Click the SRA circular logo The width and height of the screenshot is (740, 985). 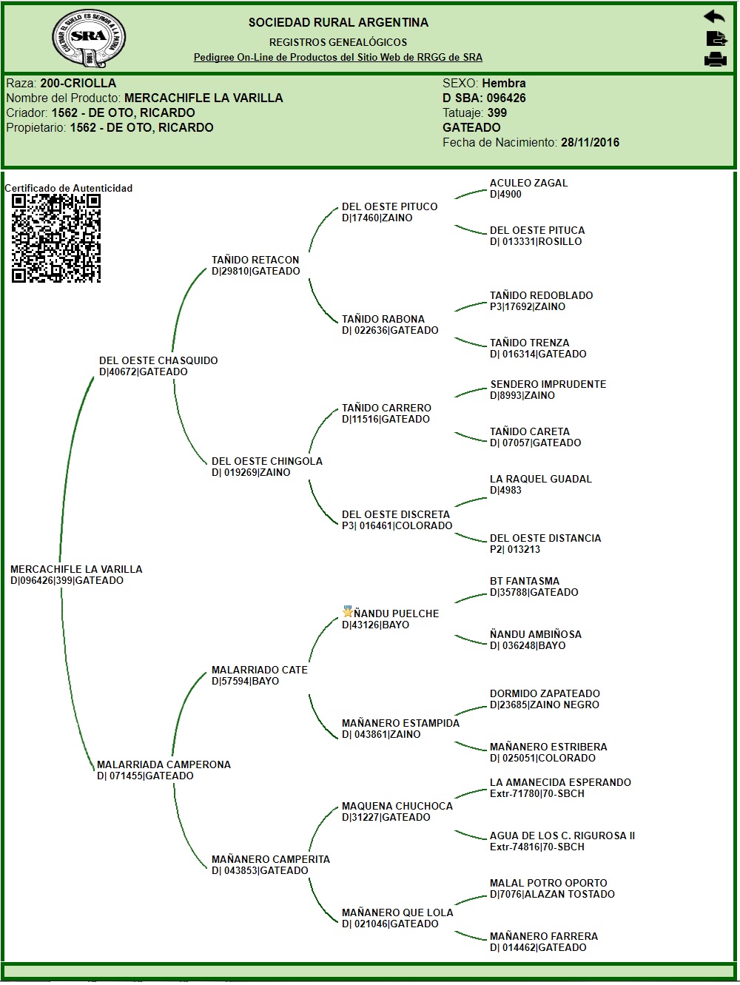[x=89, y=38]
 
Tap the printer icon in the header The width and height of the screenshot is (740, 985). [x=715, y=60]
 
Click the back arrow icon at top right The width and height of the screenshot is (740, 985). [x=714, y=16]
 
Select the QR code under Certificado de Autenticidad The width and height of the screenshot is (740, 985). [x=56, y=238]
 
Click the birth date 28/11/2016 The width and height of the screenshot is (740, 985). [x=590, y=143]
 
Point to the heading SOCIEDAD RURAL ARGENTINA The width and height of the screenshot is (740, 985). [x=338, y=23]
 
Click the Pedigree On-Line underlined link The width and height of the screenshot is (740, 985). [x=337, y=58]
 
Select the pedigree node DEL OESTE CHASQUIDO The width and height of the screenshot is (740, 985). [x=158, y=361]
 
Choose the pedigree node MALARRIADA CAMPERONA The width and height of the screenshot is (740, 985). [x=164, y=765]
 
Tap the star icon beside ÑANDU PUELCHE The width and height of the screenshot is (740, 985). [x=348, y=612]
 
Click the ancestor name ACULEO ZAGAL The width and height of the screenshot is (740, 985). [x=528, y=184]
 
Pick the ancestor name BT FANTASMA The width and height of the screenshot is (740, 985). [x=524, y=582]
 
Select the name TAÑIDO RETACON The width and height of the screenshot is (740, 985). [x=255, y=260]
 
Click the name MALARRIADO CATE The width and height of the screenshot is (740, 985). [x=259, y=670]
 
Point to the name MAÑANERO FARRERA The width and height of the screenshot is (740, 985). [x=543, y=937]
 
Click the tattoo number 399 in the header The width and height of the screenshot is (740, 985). [x=497, y=113]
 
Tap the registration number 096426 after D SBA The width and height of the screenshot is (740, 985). [x=505, y=98]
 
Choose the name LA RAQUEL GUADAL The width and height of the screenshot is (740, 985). [x=540, y=480]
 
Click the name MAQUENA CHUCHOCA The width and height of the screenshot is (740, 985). [x=397, y=807]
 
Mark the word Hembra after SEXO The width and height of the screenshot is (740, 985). [x=503, y=84]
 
